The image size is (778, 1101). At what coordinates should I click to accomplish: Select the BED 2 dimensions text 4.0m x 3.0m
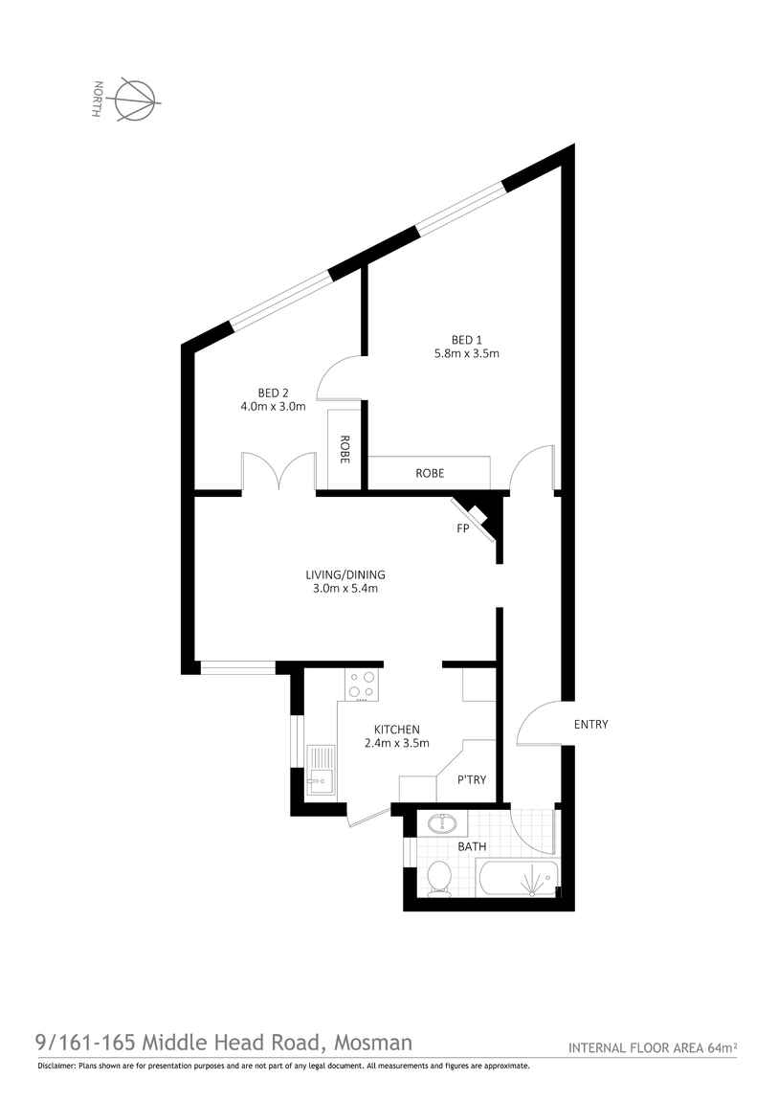tap(273, 406)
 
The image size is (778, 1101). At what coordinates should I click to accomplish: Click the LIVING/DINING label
tap(345, 574)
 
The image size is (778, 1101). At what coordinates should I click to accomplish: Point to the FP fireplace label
tap(462, 528)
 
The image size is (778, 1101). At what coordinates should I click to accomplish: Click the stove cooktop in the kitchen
tap(362, 685)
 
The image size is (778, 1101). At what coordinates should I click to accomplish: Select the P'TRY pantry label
tap(472, 779)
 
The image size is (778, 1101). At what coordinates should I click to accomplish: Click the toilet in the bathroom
tap(439, 879)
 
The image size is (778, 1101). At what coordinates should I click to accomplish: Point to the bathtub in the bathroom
tap(518, 879)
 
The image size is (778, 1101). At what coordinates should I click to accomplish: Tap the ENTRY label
tap(590, 724)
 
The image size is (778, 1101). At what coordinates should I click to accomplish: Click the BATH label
tap(472, 846)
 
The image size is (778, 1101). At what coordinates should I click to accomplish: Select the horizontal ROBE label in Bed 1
tap(430, 473)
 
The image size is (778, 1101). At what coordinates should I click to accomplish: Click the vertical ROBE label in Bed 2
tap(345, 449)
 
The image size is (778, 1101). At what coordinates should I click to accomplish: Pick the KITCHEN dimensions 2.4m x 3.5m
tap(396, 742)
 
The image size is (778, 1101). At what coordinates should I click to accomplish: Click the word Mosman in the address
tap(372, 1043)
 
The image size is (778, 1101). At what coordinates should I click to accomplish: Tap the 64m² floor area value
tap(722, 1047)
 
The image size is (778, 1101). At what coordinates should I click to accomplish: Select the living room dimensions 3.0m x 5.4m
tap(345, 589)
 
